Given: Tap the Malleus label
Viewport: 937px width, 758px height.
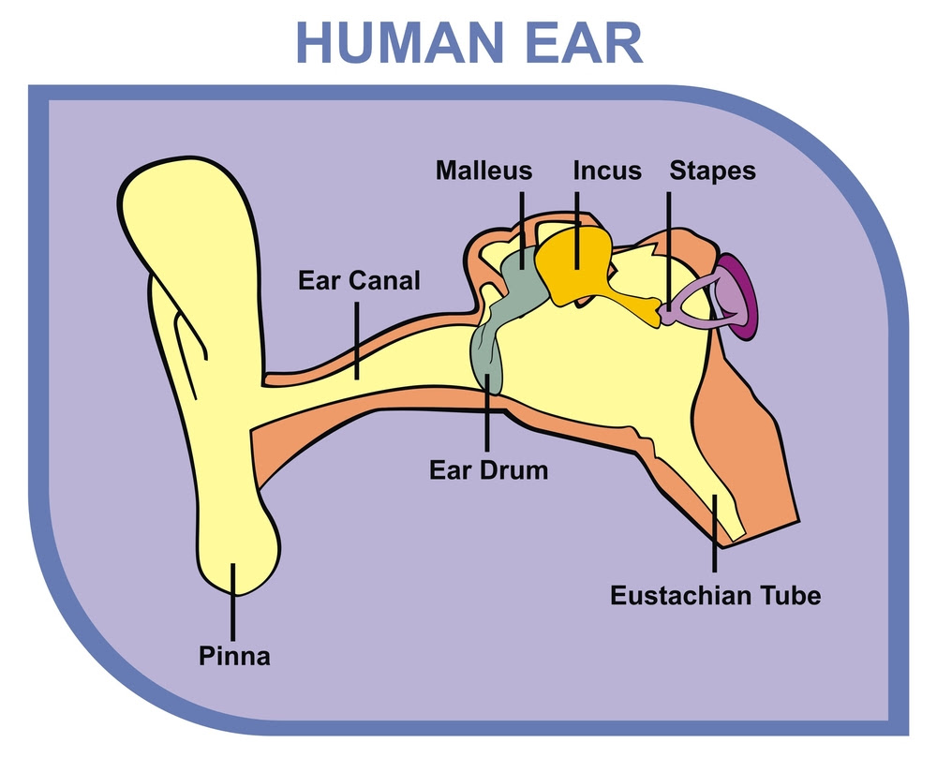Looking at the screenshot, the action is pyautogui.click(x=483, y=171).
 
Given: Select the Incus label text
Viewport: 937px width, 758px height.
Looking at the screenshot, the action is pyautogui.click(x=607, y=171).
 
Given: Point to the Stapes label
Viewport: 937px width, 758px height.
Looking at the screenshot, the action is pyautogui.click(x=712, y=171).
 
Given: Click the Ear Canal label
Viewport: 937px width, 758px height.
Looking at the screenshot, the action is pyautogui.click(x=359, y=280).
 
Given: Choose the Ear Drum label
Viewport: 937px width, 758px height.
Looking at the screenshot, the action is pyautogui.click(x=489, y=470).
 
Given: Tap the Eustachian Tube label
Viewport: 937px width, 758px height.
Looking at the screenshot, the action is pyautogui.click(x=715, y=596).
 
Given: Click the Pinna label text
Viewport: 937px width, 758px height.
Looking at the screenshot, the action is pyautogui.click(x=234, y=656).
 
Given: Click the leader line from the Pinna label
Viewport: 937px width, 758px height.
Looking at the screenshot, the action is pyautogui.click(x=233, y=602).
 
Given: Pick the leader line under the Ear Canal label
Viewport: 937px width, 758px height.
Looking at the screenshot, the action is pyautogui.click(x=357, y=340).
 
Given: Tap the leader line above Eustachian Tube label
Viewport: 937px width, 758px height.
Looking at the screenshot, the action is pyautogui.click(x=714, y=533).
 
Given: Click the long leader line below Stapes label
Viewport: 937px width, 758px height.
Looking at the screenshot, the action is pyautogui.click(x=669, y=250).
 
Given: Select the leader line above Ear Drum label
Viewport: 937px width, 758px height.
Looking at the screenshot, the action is pyautogui.click(x=487, y=412).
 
